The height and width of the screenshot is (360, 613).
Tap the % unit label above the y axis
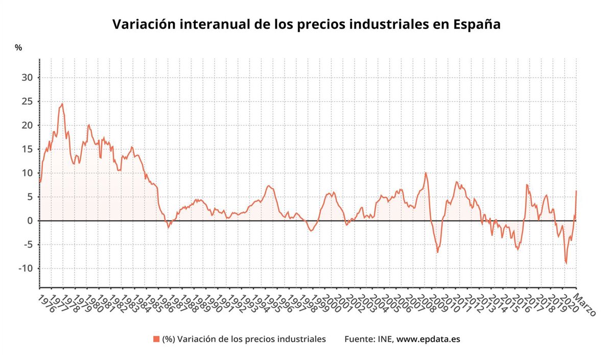[18, 48]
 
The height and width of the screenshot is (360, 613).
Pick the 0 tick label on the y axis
[30, 221]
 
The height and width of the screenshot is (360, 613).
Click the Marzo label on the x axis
[583, 305]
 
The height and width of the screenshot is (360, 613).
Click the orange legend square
[156, 339]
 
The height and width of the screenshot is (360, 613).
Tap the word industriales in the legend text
[301, 339]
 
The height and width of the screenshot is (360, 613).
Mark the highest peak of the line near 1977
[62, 104]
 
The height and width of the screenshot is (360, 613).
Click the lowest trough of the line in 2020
[566, 263]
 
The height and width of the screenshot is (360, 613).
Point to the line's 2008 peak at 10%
[426, 173]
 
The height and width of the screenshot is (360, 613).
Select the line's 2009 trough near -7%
[437, 252]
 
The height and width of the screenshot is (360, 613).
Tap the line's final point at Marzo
[576, 191]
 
